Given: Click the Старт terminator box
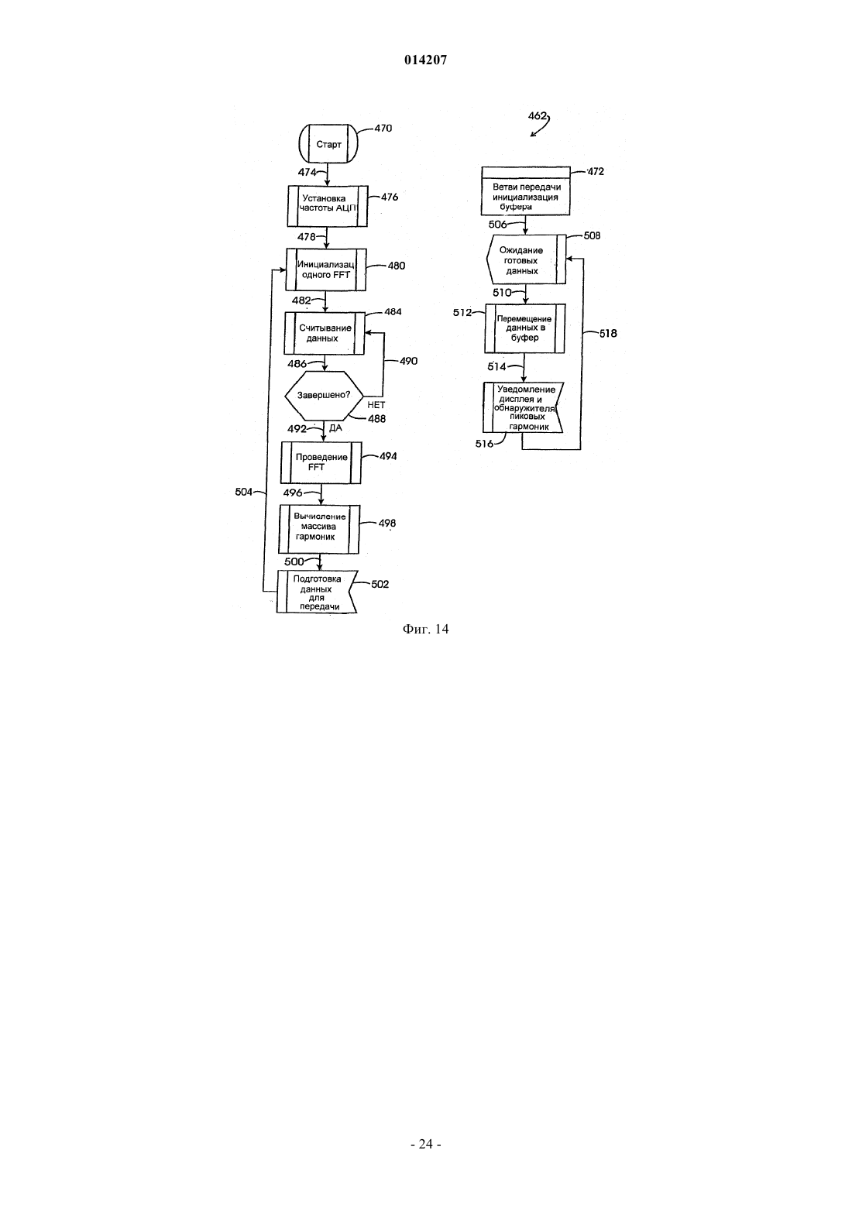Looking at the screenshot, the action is coord(328,143).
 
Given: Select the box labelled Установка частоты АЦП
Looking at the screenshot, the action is coord(328,207).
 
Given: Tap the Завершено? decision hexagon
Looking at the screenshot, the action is coord(324,396).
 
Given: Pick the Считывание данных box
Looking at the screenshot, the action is coord(325,334).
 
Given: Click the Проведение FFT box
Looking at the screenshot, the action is coord(321,462).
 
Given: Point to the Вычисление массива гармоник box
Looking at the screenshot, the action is coord(319,530).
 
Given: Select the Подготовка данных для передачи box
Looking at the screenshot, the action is coord(317,592).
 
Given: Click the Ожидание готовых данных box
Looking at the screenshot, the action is coord(525,260).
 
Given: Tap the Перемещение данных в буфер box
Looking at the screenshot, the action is coord(524,328).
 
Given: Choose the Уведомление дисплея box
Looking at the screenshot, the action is coord(523,407).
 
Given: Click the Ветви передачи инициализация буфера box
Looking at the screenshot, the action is coord(525,191).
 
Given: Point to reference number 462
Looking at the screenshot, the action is coord(537,115).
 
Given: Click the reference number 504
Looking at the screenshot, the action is coord(244,492).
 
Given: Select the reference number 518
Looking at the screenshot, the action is coord(608,334).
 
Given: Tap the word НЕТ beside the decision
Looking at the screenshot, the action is coord(376,405).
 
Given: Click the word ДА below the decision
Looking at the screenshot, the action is coord(335,428).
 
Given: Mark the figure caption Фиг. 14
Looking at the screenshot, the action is coord(425,629).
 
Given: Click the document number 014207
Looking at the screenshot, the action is coord(425,60).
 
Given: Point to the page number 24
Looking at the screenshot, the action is coord(426,1144).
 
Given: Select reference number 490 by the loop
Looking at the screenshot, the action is coord(408,361).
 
